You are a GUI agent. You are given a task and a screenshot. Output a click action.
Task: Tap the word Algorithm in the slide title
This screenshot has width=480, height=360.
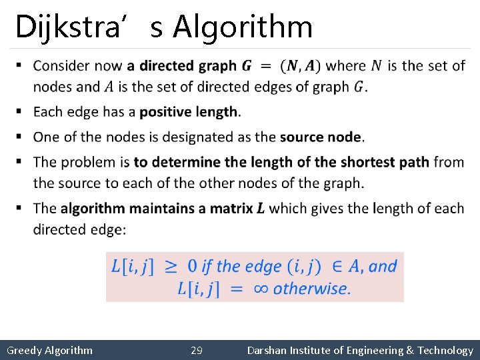point(242,27)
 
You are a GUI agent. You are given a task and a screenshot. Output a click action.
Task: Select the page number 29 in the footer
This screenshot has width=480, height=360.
point(197,350)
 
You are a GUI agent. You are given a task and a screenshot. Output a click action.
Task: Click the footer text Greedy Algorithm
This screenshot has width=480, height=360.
point(49,350)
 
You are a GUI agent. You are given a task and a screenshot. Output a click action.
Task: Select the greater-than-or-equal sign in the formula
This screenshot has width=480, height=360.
point(171,267)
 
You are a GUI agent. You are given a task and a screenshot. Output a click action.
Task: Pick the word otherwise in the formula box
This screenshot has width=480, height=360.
point(311,289)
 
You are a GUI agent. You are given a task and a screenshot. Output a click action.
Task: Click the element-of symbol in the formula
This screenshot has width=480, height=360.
point(337,267)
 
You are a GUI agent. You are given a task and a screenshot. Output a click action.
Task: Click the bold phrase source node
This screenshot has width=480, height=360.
point(321,137)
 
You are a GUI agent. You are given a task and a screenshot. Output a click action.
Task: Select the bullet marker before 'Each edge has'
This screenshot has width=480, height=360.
point(20,111)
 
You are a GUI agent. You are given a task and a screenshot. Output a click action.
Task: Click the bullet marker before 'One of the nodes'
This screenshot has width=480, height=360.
point(20,137)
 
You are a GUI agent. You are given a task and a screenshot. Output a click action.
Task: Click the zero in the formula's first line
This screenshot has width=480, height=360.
point(192,267)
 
